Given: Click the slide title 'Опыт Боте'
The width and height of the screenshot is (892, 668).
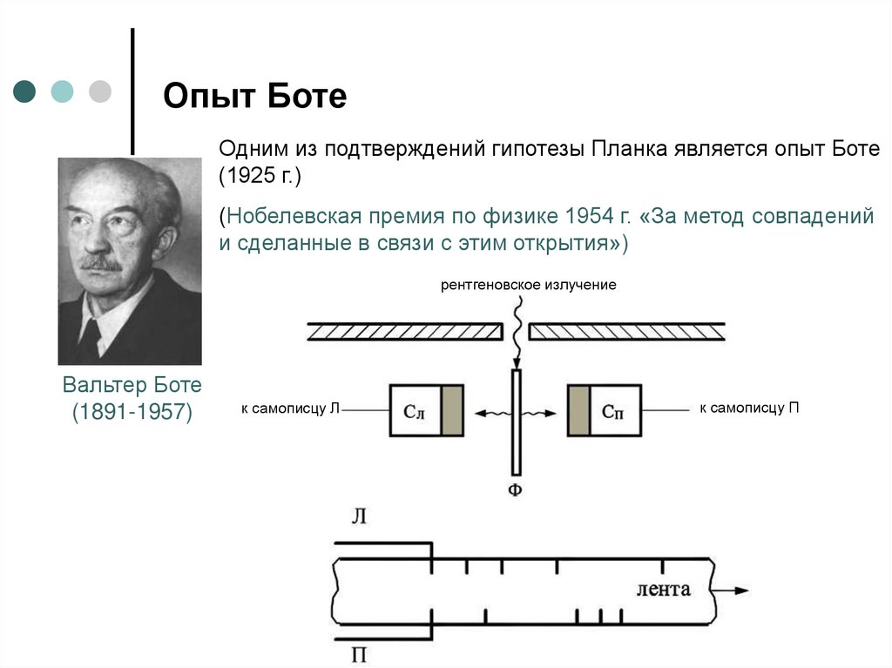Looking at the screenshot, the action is tap(255, 96).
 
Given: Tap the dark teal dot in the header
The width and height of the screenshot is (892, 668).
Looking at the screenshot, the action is tap(25, 91).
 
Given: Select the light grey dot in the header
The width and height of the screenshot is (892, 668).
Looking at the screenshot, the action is tap(100, 91).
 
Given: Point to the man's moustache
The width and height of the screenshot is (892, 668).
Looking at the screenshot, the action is tap(102, 261).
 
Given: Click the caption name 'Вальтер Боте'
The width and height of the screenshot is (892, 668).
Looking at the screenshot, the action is tap(132, 385).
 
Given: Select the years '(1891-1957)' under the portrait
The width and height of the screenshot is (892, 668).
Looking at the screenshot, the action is tap(132, 412).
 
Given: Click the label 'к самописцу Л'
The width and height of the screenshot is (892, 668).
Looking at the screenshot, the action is tap(290, 408).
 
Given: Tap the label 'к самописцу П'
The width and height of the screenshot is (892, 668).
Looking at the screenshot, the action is tap(748, 408).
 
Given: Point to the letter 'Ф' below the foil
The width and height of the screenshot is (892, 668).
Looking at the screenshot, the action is tap(515, 490).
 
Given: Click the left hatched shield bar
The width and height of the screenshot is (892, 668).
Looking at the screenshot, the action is tap(405, 331).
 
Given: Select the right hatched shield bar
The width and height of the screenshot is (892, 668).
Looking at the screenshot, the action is tap(627, 331).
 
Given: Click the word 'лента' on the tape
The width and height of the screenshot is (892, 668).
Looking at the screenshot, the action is tap(664, 589).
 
